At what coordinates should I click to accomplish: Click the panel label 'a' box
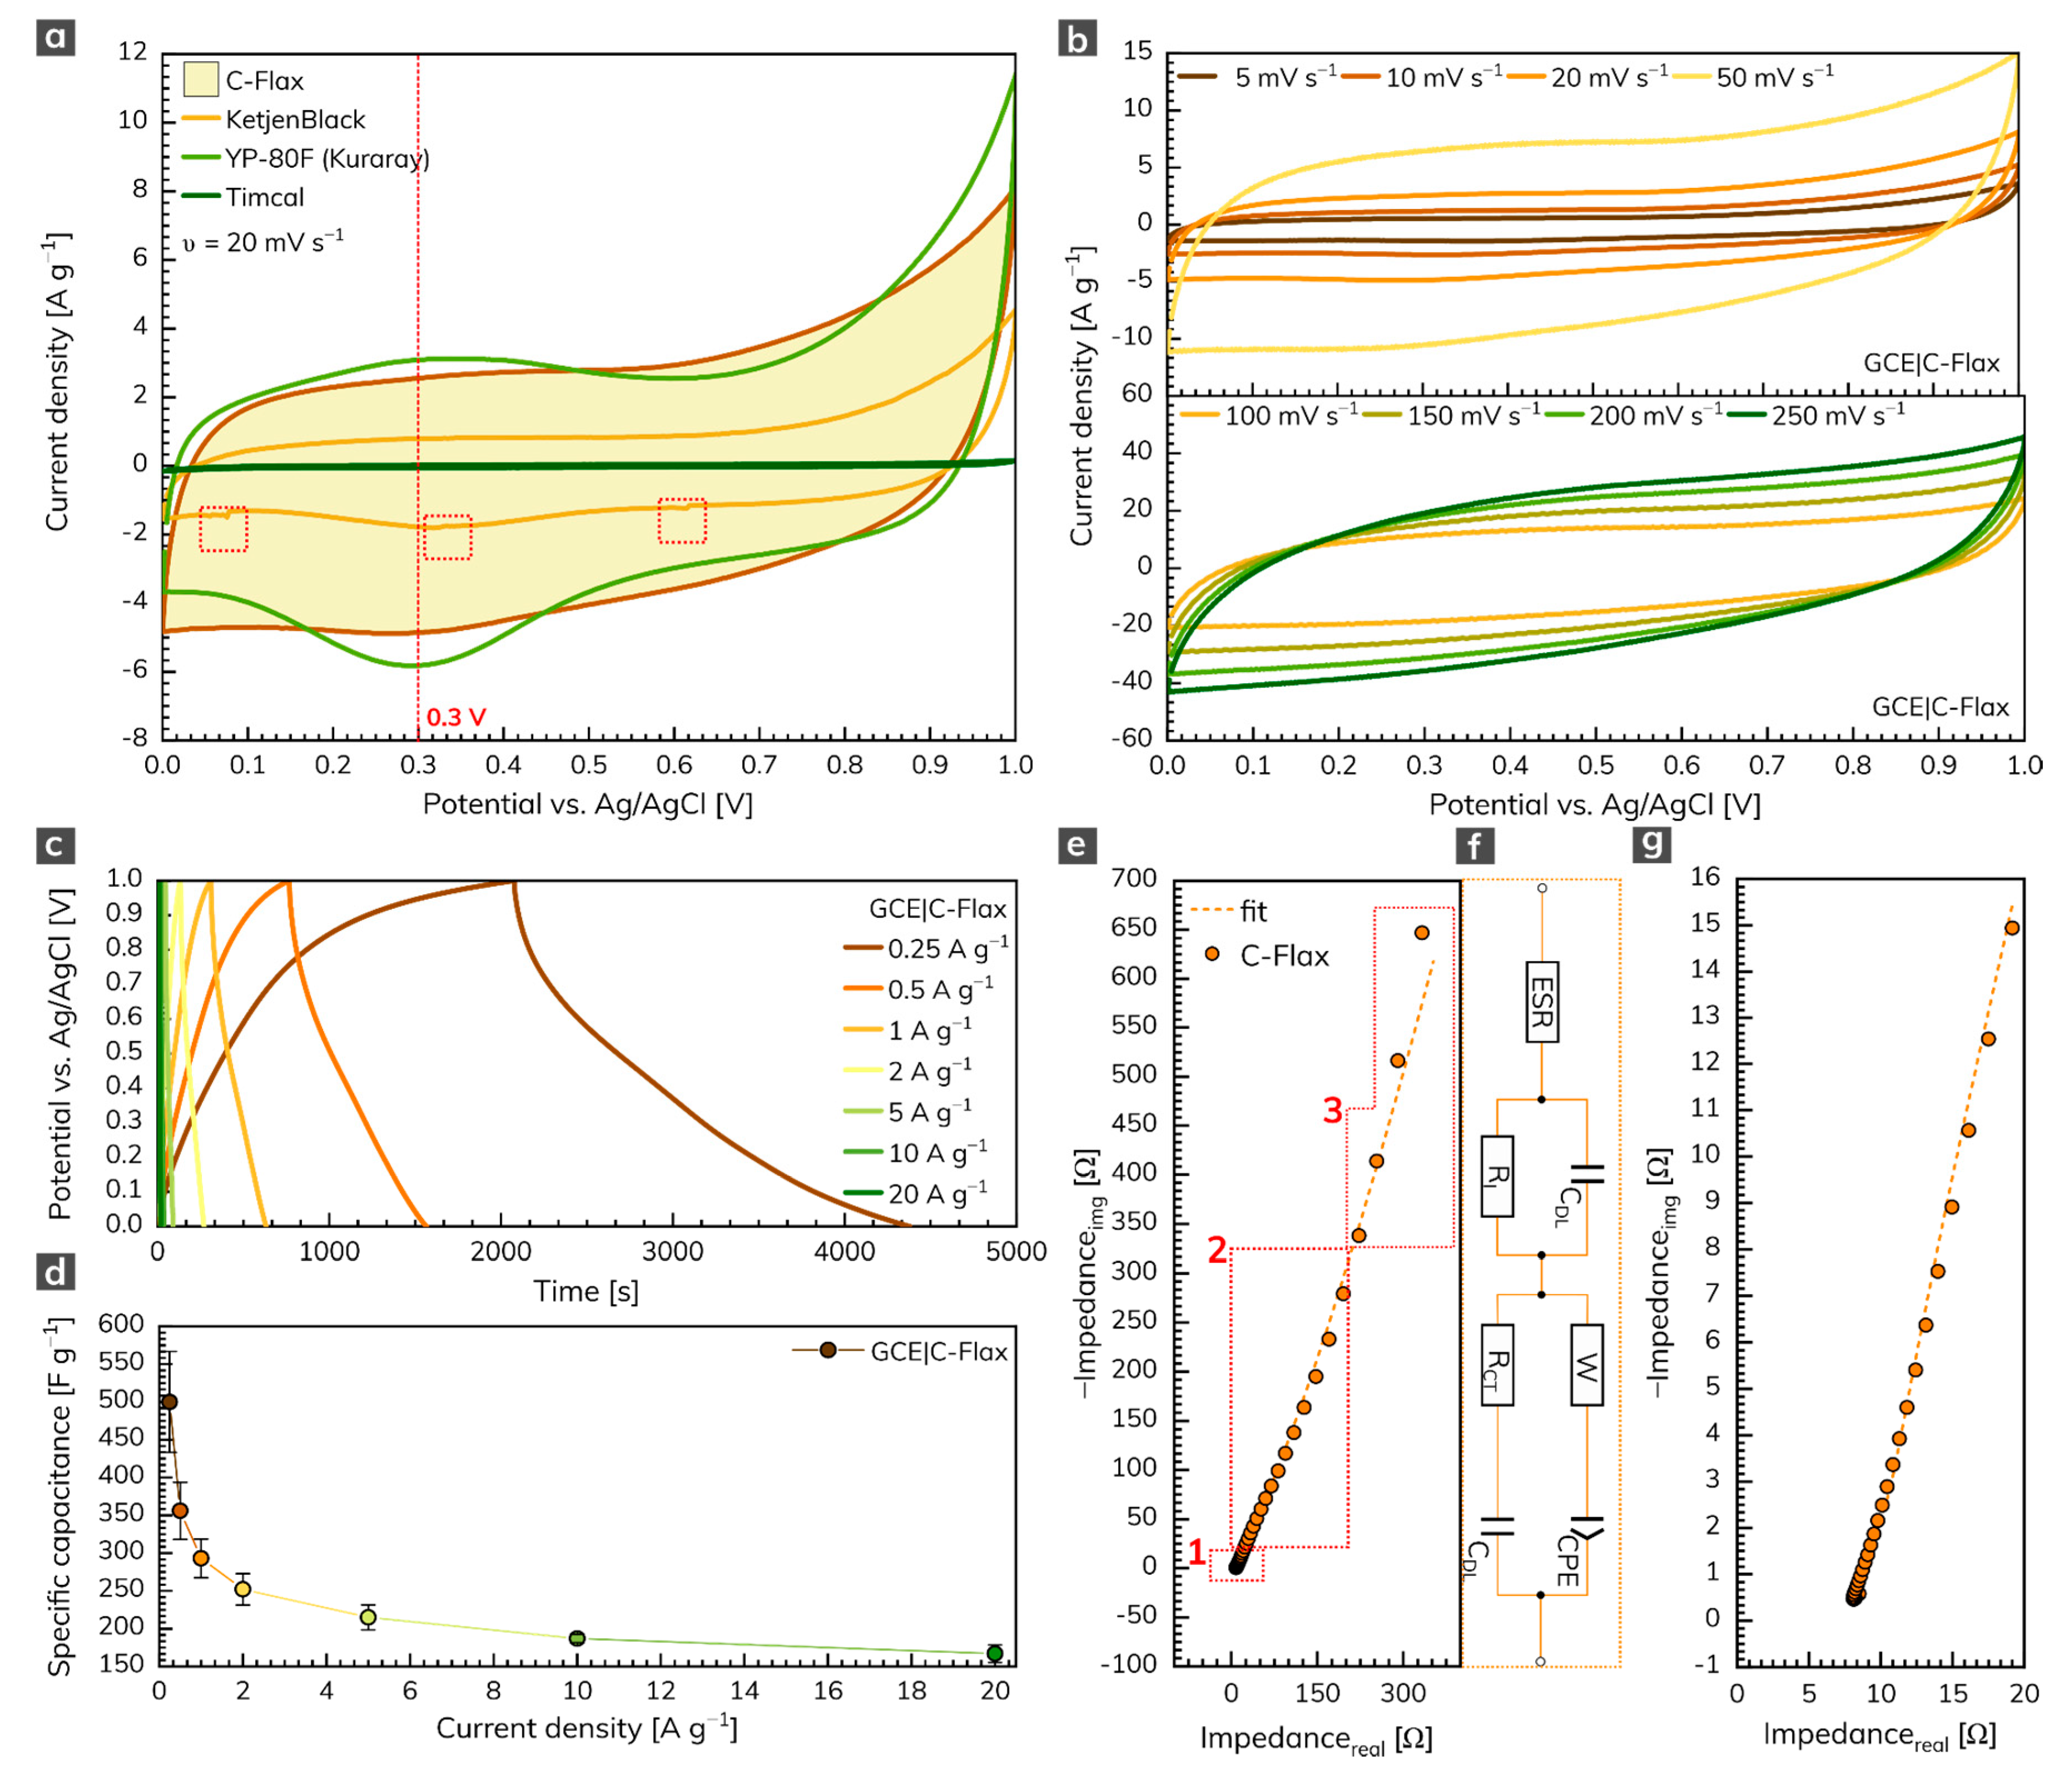(x=56, y=38)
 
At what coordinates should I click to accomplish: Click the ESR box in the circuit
(x=1541, y=1001)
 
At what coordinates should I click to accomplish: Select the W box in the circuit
(x=1586, y=1365)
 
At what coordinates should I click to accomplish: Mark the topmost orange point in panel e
(x=1422, y=932)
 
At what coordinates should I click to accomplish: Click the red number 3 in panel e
(x=1332, y=1110)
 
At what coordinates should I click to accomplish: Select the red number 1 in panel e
(x=1197, y=1551)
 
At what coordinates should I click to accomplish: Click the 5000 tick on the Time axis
(x=1015, y=1251)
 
